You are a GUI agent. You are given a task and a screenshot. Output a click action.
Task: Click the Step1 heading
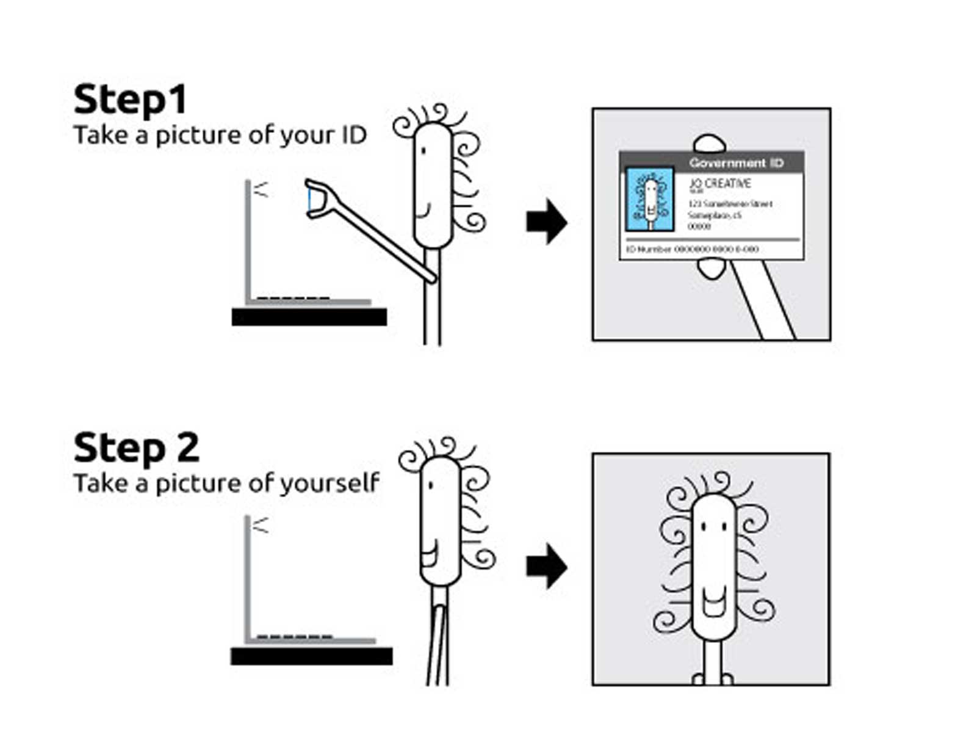coord(129,101)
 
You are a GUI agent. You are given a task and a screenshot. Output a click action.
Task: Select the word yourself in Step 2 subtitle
coord(330,484)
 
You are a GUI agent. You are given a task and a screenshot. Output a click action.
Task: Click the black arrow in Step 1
coord(546,221)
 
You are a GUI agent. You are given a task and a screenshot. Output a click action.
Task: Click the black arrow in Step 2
coord(546,566)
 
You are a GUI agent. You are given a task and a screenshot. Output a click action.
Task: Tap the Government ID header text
coord(735,163)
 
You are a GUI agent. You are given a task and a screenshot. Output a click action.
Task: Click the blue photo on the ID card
coord(650,200)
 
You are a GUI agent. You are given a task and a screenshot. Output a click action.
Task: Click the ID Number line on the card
coord(692,249)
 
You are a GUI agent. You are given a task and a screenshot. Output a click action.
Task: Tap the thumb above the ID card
coord(709,144)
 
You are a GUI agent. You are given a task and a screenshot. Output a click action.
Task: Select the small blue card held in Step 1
coord(311,199)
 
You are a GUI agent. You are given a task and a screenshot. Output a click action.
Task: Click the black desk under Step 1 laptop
coord(309,317)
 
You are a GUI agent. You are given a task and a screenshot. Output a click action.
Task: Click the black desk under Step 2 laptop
coord(311,656)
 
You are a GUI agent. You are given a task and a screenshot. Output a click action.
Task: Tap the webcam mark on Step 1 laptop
coord(261,190)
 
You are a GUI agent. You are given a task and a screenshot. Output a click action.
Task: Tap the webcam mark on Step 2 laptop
coord(261,525)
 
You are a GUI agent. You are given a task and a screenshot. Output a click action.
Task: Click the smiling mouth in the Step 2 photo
coord(712,601)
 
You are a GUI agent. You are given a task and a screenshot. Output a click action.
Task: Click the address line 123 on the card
coord(730,204)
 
